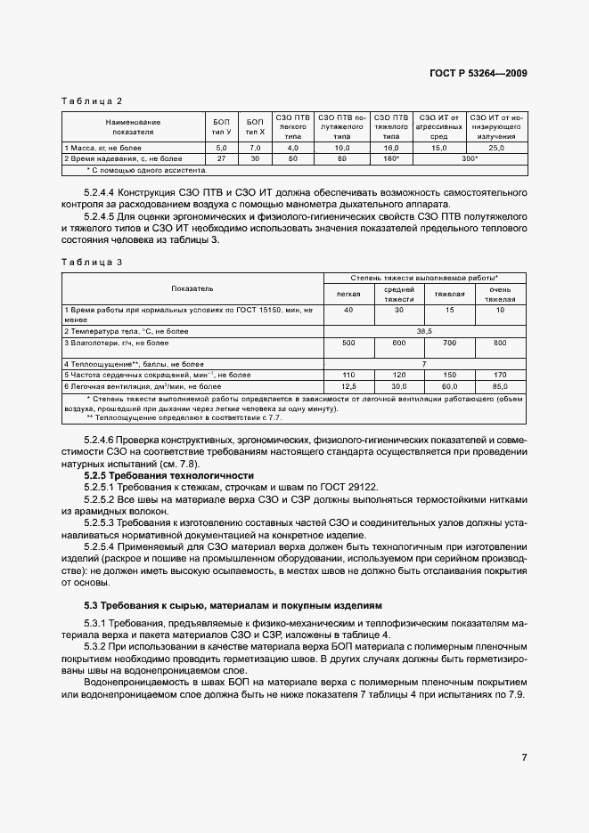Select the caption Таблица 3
92,262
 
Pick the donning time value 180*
390,158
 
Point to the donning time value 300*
469,158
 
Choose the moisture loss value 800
499,342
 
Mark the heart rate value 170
499,375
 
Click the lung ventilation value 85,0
499,386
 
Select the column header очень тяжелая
499,295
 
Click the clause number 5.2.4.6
102,441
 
